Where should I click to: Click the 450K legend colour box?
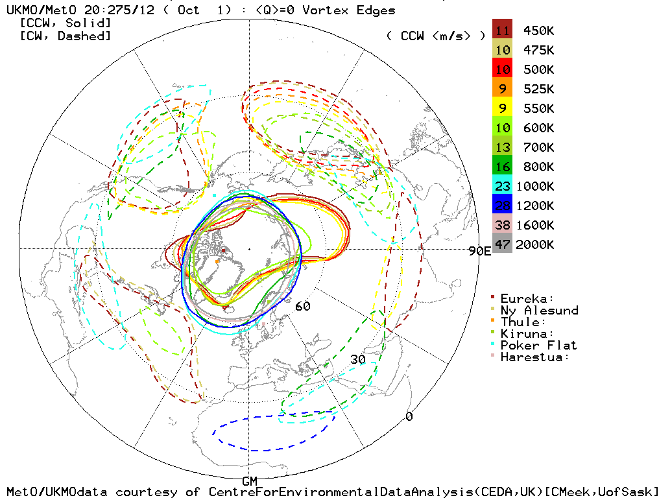pyautogui.click(x=502, y=30)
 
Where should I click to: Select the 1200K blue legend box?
pyautogui.click(x=502, y=206)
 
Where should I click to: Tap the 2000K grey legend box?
pyautogui.click(x=502, y=244)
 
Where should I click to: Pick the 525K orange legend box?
pyautogui.click(x=502, y=89)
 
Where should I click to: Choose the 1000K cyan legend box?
pyautogui.click(x=502, y=186)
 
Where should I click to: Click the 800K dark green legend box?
pyautogui.click(x=502, y=167)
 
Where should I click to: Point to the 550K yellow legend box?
pyautogui.click(x=502, y=108)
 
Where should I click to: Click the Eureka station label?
pyautogui.click(x=527, y=298)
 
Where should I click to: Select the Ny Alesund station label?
pyautogui.click(x=539, y=310)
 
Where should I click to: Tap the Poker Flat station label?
pyautogui.click(x=538, y=345)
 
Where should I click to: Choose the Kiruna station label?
pyautogui.click(x=527, y=333)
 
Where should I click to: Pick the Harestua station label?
pyautogui.click(x=535, y=357)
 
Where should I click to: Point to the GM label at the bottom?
pyautogui.click(x=250, y=481)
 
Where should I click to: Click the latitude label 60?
pyautogui.click(x=302, y=306)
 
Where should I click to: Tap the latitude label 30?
pyautogui.click(x=358, y=359)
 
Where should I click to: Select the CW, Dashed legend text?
pyautogui.click(x=65, y=36)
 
